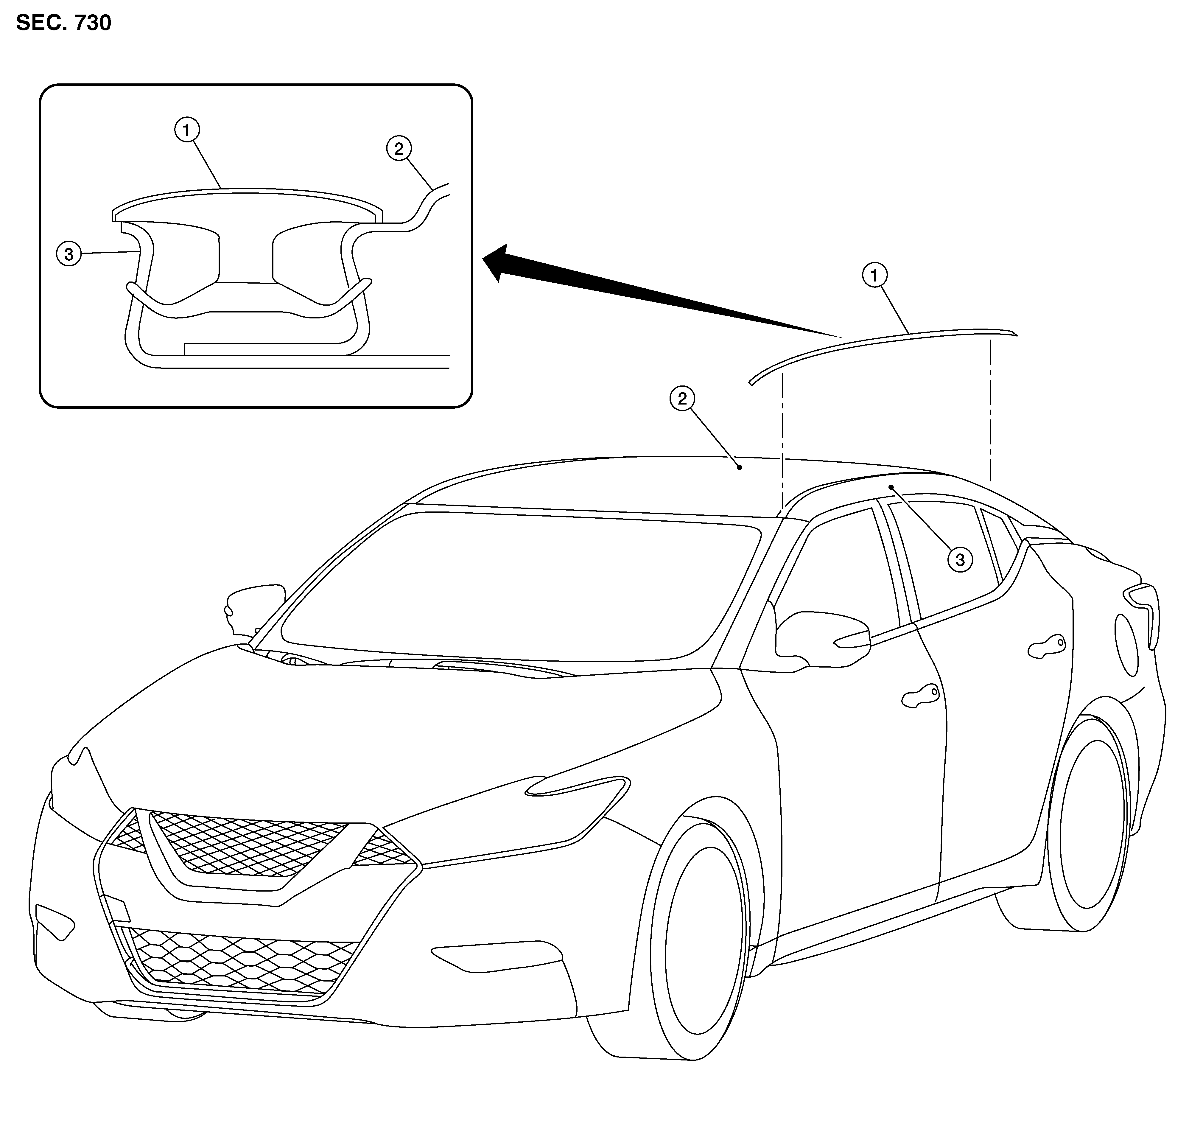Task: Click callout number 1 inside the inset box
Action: (x=186, y=130)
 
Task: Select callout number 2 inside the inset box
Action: (x=399, y=148)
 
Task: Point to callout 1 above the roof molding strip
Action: (x=874, y=275)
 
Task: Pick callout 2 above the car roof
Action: (x=682, y=399)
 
